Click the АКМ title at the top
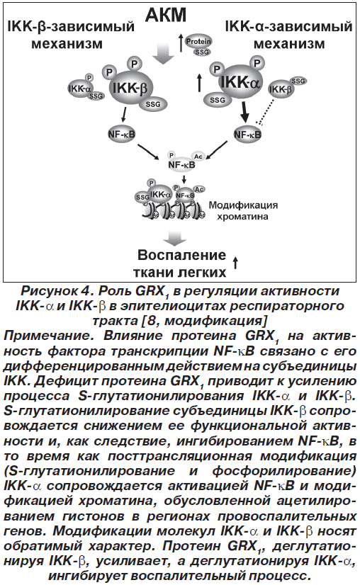[165, 15]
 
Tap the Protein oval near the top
[198, 41]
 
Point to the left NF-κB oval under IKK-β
[121, 135]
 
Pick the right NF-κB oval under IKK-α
[247, 135]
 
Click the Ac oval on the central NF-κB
[198, 156]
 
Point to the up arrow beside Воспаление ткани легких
[235, 263]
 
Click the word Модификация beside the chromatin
[243, 205]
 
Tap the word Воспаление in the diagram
[182, 255]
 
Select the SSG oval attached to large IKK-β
[153, 105]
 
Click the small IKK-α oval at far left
[80, 89]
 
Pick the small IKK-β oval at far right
[281, 89]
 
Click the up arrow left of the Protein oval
[181, 42]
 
